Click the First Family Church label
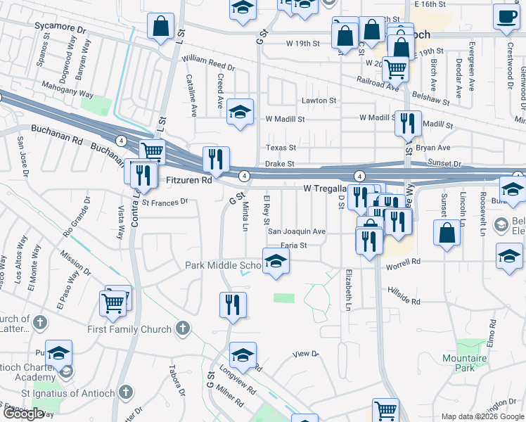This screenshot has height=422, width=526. pos(129,329)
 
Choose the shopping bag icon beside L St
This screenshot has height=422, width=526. pos(161,26)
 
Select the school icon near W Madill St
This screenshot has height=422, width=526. pos(240,112)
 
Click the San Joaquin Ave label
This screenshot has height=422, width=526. pos(296,231)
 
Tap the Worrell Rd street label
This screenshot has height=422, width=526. pos(403,262)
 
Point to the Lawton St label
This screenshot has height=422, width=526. pos(319,101)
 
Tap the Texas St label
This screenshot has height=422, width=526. pos(281,148)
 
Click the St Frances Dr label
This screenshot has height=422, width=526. pos(165,201)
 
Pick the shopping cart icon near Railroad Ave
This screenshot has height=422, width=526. pos(396,70)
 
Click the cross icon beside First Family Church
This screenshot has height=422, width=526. pos(183,328)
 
